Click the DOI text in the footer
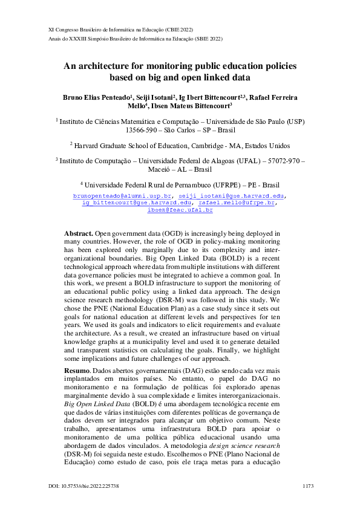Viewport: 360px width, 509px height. [83, 486]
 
